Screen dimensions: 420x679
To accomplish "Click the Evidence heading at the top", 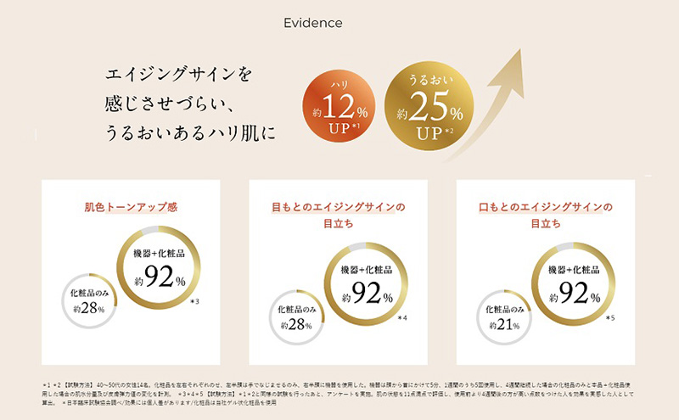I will (x=313, y=23).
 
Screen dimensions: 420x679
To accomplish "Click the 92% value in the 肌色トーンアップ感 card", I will (x=160, y=277).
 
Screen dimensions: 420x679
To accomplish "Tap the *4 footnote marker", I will (x=402, y=317).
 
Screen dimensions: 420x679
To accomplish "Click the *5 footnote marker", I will (x=609, y=317).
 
